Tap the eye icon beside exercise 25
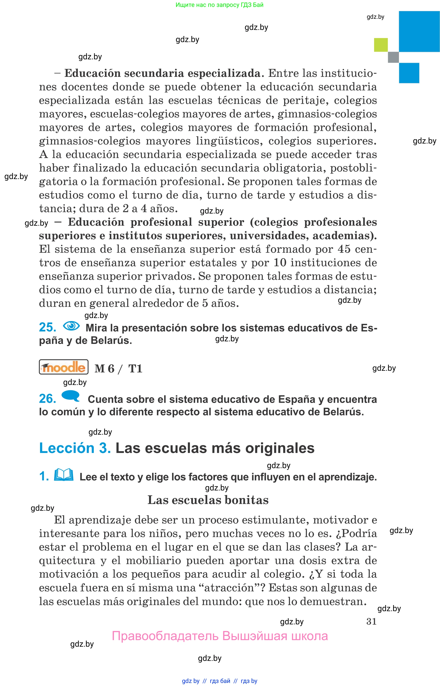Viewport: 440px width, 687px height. tap(71, 326)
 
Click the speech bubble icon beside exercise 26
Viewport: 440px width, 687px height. tap(70, 396)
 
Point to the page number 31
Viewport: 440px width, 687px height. tap(371, 621)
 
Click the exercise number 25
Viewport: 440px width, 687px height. tap(47, 327)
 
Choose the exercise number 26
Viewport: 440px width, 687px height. tap(47, 399)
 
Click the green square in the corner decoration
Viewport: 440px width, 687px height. tap(381, 45)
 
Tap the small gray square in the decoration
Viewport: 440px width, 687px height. tap(393, 57)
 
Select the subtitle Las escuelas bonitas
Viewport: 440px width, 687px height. tap(208, 500)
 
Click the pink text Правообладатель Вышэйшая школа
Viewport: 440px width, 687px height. tap(220, 636)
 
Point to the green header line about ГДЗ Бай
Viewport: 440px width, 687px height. tap(219, 5)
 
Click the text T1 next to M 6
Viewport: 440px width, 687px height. tap(135, 368)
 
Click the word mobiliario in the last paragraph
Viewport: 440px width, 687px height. tap(153, 561)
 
